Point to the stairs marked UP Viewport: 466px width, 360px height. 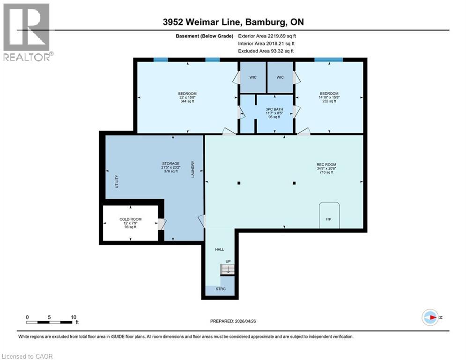(227, 269)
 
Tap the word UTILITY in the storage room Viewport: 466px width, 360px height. (117, 181)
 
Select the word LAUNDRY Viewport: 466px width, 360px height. (192, 169)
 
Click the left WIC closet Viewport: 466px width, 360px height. (253, 77)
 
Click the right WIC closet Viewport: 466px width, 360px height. (280, 77)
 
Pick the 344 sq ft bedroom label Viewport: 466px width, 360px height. (187, 97)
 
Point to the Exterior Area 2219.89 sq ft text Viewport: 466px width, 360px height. (266, 36)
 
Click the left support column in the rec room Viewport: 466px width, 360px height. (239, 183)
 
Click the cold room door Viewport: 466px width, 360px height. (161, 225)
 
